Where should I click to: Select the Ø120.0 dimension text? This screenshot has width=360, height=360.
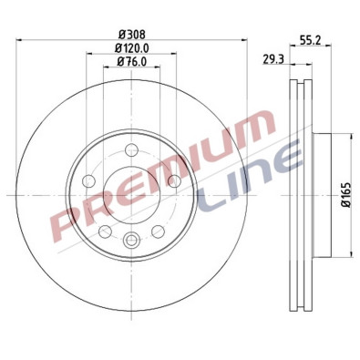pyautogui.click(x=132, y=47)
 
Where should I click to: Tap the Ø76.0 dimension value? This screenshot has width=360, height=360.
pyautogui.click(x=132, y=62)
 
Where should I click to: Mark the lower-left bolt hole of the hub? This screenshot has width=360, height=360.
pyautogui.click(x=105, y=230)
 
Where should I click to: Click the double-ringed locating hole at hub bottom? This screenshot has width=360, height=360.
pyautogui.click(x=132, y=241)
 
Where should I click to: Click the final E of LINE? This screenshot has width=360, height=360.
pyautogui.click(x=290, y=157)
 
